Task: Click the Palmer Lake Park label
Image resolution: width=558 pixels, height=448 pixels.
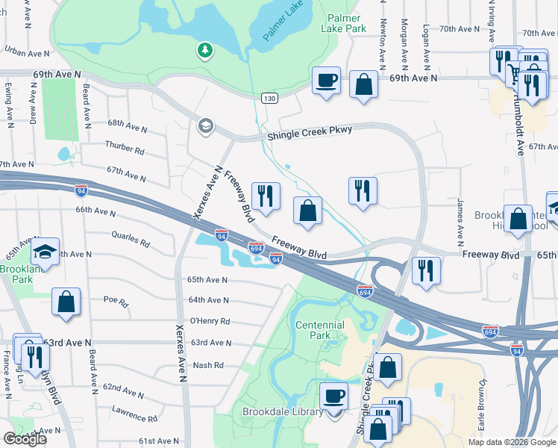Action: point(343,22)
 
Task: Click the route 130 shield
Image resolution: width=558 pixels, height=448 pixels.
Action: point(269,99)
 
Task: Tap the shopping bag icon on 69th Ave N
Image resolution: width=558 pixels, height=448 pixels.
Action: point(363,84)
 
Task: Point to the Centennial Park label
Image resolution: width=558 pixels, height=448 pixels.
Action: point(320,330)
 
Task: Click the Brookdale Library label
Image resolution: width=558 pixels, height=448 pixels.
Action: point(283,411)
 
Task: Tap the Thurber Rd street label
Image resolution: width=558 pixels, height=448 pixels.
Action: point(125,149)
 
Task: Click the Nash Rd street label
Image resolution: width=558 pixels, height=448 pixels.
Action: point(208,365)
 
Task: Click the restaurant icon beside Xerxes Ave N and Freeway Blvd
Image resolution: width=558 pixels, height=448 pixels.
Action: point(266,196)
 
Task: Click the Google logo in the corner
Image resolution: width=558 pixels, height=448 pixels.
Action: point(25,438)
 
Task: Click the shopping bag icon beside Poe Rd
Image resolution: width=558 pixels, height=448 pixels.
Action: point(66,302)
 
